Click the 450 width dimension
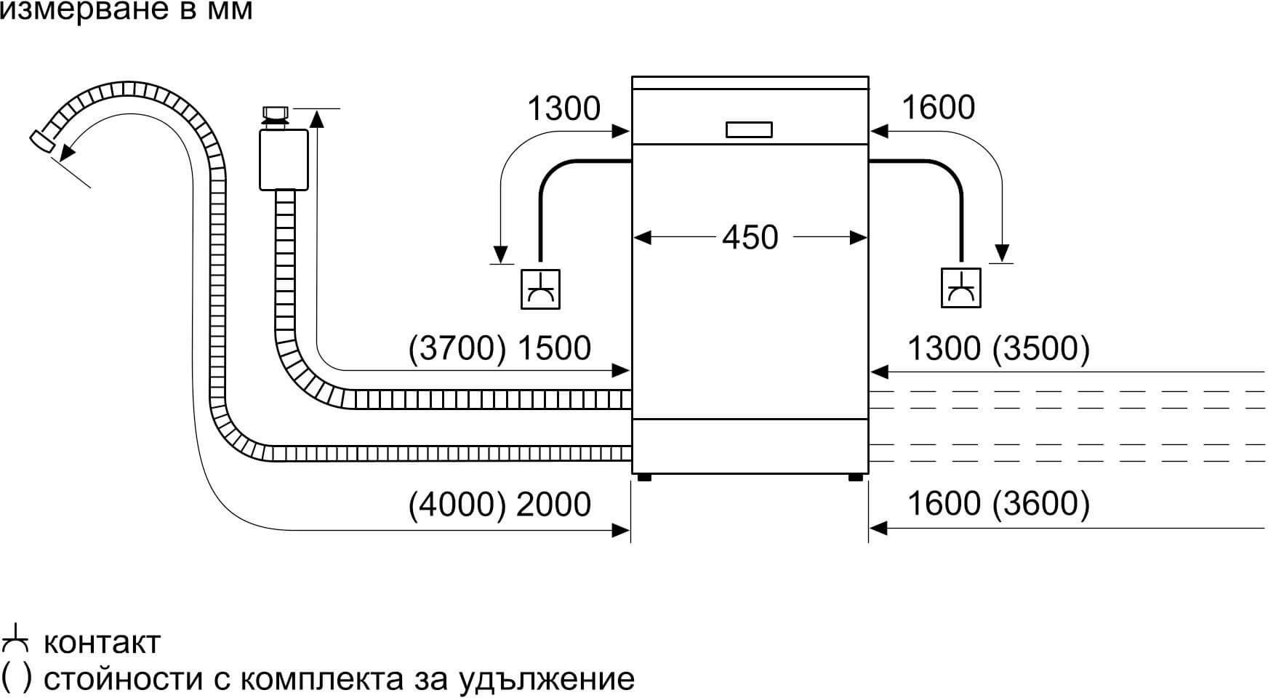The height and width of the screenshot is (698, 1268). (x=750, y=238)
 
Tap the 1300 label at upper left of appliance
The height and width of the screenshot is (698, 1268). (x=563, y=109)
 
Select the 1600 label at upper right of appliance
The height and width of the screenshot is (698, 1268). (x=938, y=108)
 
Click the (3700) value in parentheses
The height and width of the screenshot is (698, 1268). (x=457, y=348)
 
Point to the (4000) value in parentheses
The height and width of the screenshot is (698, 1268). (x=457, y=505)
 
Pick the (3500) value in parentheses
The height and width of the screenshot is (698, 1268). (x=1041, y=349)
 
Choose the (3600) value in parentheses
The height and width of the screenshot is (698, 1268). (x=1041, y=504)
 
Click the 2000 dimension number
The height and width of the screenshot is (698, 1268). (x=553, y=505)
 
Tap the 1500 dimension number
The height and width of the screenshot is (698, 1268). (x=553, y=348)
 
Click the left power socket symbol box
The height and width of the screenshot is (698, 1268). (x=541, y=289)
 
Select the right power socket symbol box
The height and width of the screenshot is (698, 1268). (x=960, y=288)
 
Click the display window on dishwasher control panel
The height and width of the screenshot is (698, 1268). (x=749, y=130)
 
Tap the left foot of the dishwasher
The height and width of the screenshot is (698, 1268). (x=643, y=478)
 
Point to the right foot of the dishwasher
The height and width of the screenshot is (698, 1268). (x=856, y=478)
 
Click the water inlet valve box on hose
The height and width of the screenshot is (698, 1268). (x=284, y=159)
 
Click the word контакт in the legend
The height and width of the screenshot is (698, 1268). (x=102, y=643)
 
